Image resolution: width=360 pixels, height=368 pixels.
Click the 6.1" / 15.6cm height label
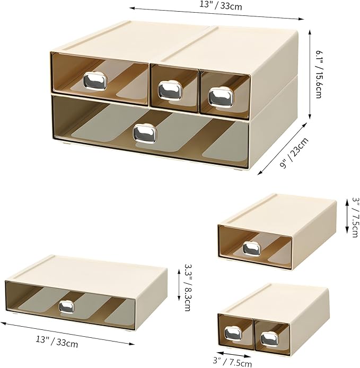(x=320, y=75)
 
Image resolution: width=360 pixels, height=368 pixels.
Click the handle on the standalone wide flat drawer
(x=67, y=307)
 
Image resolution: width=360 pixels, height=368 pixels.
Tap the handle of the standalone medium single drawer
(x=251, y=247)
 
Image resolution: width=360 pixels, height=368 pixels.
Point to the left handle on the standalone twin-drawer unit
(x=233, y=333)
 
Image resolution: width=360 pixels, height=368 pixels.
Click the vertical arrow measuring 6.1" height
(x=310, y=74)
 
